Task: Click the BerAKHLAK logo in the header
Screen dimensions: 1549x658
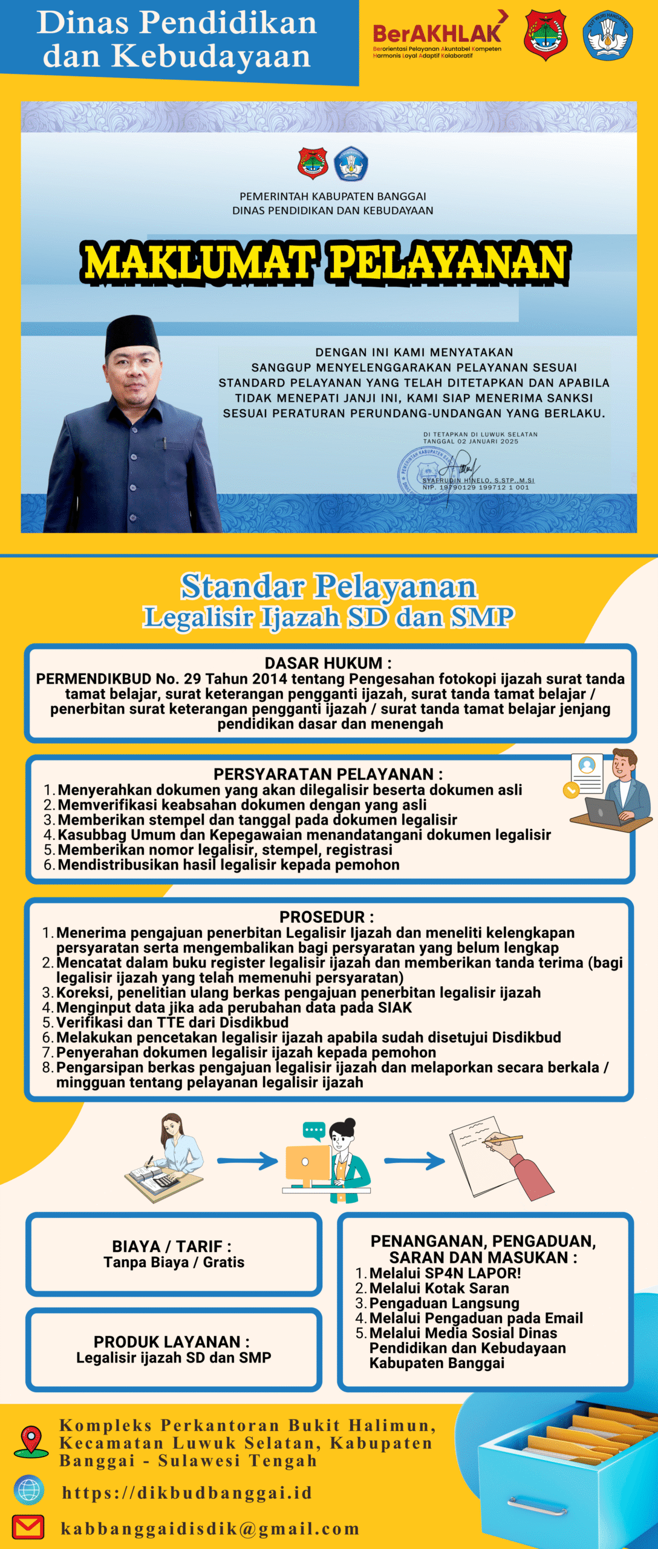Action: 437,35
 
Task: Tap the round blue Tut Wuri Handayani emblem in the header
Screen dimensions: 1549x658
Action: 608,34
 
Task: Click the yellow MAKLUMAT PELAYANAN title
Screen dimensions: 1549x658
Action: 325,262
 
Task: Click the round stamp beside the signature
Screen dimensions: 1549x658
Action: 423,471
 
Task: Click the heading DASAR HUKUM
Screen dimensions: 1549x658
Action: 328,663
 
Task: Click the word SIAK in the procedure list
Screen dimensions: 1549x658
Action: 395,1007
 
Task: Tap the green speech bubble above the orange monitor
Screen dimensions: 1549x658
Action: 314,1129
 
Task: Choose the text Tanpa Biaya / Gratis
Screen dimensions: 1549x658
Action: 174,1262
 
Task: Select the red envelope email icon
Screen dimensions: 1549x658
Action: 28,1527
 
